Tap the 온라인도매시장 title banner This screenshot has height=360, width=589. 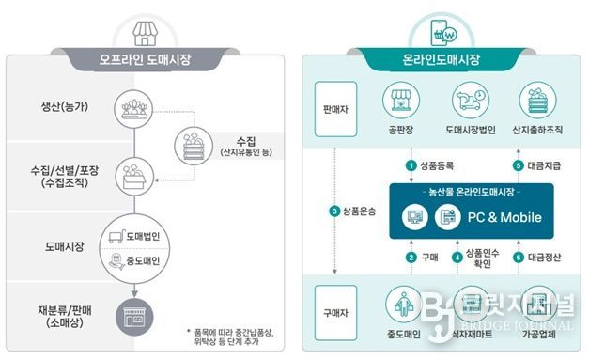click(x=440, y=60)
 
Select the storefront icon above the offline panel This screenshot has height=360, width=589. click(x=145, y=31)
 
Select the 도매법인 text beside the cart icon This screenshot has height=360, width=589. click(x=144, y=236)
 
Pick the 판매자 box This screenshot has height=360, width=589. click(x=332, y=106)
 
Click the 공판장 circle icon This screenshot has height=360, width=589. click(x=398, y=101)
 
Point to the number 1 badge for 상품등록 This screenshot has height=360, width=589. click(x=410, y=165)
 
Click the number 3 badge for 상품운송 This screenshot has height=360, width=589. click(x=334, y=211)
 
